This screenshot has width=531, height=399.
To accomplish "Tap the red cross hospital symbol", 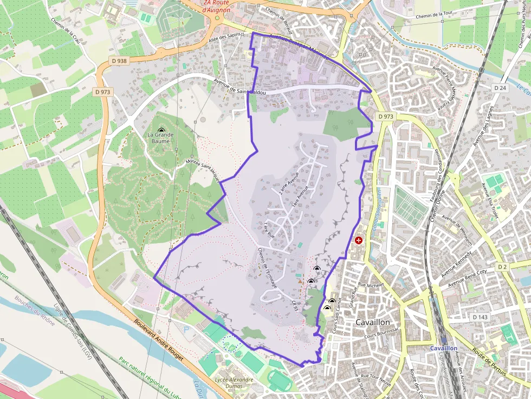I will (x=358, y=240).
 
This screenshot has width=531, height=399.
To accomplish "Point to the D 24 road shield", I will (x=500, y=87).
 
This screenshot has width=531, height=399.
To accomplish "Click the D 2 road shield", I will (x=502, y=267).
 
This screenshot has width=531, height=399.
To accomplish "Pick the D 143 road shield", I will (x=481, y=317).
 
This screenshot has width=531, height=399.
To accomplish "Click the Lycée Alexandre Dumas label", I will (x=235, y=383).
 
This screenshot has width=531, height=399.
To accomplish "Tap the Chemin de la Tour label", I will (x=438, y=15).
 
